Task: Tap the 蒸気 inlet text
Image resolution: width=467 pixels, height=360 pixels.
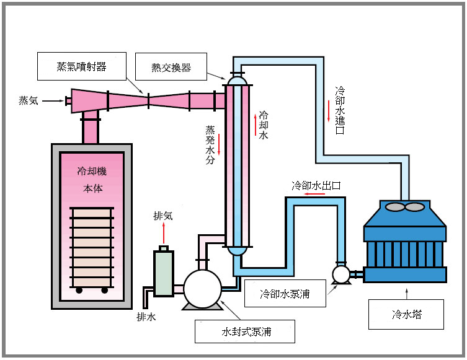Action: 29,100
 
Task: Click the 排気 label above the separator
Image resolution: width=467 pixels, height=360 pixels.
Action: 163,216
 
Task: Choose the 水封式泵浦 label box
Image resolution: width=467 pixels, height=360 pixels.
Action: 244,331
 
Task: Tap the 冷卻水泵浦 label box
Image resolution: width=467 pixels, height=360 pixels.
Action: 285,294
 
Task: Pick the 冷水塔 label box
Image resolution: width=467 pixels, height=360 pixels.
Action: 406,314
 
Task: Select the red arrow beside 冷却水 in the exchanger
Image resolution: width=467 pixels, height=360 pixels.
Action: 254,123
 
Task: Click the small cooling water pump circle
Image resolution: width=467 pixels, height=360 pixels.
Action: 340,273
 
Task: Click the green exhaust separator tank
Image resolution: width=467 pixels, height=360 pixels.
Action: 164,273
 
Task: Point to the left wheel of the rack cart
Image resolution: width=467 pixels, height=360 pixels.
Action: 79,289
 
